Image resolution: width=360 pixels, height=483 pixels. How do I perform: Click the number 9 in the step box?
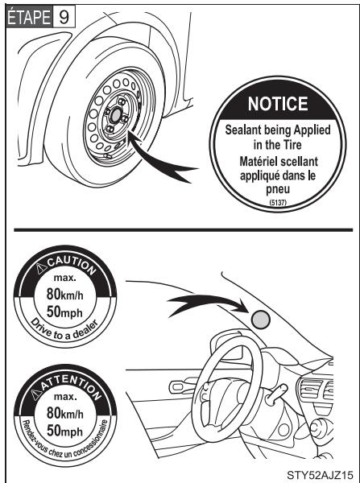click(64, 18)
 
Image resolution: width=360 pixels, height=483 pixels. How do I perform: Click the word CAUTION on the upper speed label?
click(68, 262)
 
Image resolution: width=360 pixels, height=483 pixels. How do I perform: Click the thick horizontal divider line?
click(180, 230)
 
